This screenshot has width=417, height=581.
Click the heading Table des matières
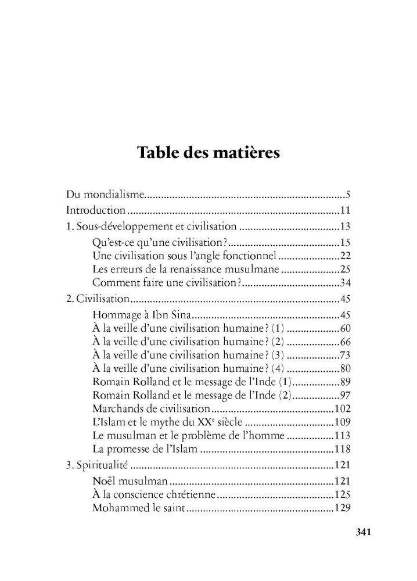point(208,154)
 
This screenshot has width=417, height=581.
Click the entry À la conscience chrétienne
point(154,495)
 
